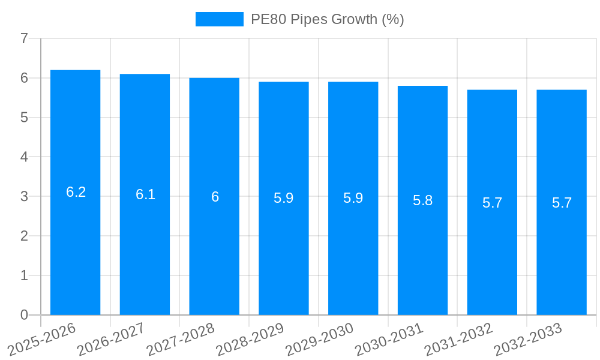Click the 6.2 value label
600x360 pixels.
[76, 192]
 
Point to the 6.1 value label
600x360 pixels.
[145, 194]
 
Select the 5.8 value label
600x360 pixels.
[422, 200]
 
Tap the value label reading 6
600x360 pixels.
[215, 197]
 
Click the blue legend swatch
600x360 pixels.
[220, 19]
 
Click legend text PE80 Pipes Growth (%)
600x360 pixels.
[327, 19]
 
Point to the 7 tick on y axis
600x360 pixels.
[24, 38]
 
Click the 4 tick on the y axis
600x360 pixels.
[24, 157]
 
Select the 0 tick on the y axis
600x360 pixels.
[24, 315]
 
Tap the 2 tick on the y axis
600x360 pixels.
[24, 236]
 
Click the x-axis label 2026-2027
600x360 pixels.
[112, 338]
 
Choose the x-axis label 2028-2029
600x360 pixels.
[251, 338]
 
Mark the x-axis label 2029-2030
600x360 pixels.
[320, 338]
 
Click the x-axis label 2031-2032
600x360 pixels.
[459, 338]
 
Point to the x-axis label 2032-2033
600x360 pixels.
[529, 338]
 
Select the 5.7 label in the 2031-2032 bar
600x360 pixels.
[492, 203]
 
